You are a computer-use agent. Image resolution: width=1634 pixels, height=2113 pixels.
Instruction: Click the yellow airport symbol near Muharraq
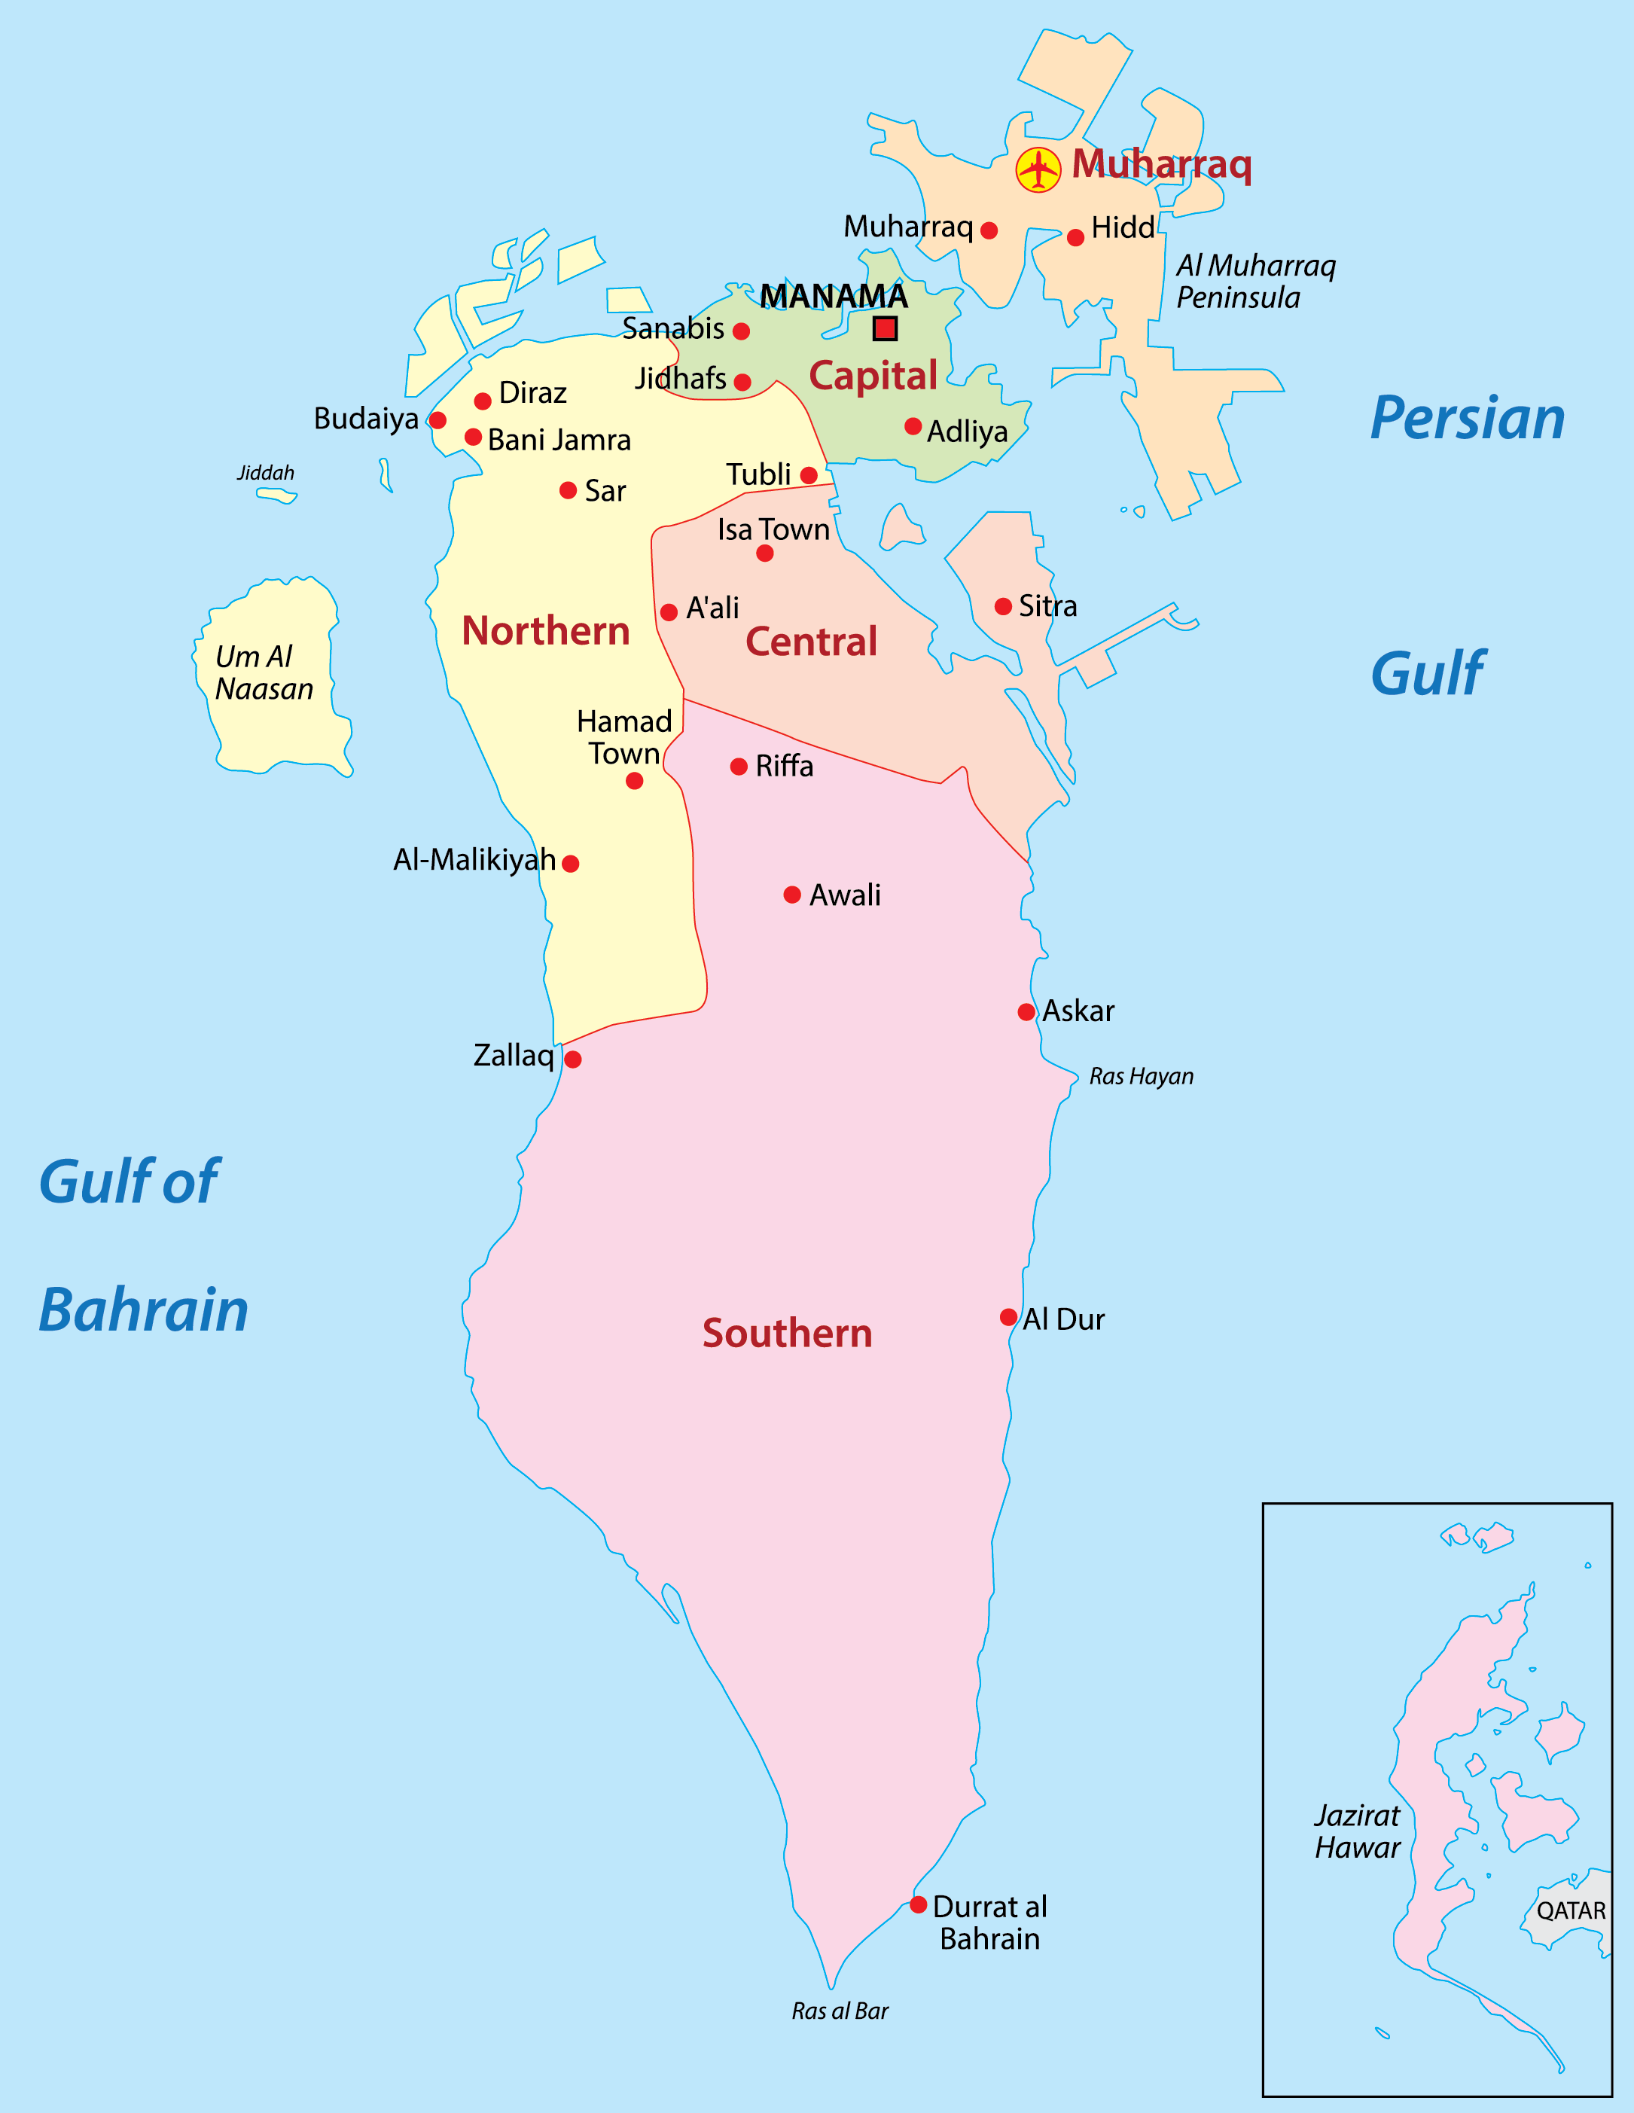1038,170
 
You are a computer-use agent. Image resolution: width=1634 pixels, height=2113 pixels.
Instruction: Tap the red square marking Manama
884,329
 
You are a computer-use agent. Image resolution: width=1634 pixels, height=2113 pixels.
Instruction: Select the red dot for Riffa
739,767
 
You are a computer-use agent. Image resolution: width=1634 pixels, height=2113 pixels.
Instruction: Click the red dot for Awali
792,895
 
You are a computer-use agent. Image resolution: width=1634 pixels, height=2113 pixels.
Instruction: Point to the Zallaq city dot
573,1060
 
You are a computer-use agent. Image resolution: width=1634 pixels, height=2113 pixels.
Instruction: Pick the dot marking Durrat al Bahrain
918,1904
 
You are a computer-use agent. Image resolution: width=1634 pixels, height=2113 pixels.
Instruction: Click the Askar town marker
1026,1012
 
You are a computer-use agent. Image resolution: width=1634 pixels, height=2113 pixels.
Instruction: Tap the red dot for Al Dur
1008,1317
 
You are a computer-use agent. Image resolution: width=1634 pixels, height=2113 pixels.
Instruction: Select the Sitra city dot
1003,607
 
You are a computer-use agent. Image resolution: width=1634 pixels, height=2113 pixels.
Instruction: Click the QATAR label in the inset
1571,1910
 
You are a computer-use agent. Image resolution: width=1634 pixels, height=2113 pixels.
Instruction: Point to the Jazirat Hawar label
1358,1831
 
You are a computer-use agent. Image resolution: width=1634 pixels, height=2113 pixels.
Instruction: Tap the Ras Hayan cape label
1142,1077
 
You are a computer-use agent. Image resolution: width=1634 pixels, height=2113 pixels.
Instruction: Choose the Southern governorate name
788,1333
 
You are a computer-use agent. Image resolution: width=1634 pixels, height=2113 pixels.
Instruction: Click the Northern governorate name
546,631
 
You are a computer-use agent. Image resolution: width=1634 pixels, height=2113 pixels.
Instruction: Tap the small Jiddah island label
266,473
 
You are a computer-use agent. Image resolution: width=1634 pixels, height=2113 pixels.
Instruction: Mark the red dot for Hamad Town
635,781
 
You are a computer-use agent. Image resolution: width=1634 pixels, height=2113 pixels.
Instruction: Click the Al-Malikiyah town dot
571,863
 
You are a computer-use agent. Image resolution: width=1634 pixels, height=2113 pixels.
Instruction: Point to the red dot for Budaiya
437,420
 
